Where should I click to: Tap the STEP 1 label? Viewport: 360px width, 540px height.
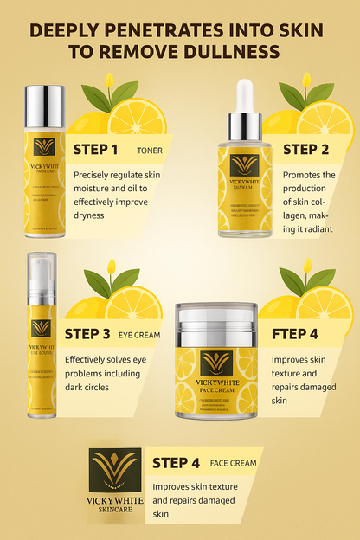pyautogui.click(x=96, y=149)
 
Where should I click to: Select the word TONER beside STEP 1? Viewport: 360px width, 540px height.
pyautogui.click(x=149, y=150)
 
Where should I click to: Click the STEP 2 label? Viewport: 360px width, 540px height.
pyautogui.click(x=306, y=149)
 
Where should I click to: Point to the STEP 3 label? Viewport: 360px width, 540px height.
pyautogui.click(x=87, y=333)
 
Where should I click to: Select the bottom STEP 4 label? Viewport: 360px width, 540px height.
pyautogui.click(x=176, y=462)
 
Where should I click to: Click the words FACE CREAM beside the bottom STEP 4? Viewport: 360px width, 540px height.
pyautogui.click(x=232, y=463)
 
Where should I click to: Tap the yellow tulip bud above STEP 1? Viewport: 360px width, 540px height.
pyautogui.click(x=109, y=82)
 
